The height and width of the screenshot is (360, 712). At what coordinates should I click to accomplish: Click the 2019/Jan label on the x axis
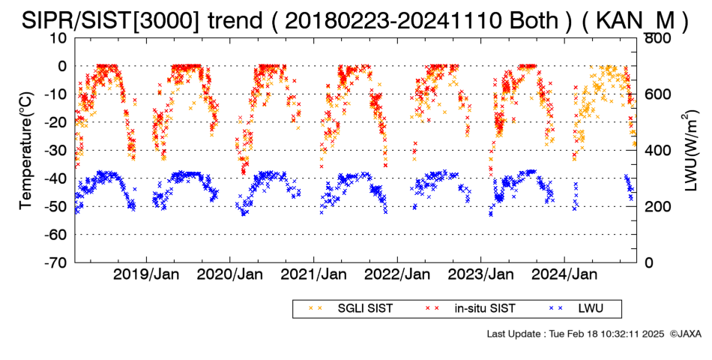point(146,274)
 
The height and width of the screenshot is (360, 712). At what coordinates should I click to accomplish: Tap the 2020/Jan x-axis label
point(230,274)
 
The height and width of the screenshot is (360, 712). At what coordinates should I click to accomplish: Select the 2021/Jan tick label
point(313,274)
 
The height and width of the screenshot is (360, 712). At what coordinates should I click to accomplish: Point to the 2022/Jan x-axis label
point(397,274)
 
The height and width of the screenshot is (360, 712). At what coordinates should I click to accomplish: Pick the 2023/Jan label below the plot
point(481,274)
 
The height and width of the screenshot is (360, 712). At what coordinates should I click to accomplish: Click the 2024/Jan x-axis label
point(564,274)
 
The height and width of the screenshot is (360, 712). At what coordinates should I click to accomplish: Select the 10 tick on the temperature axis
point(58,38)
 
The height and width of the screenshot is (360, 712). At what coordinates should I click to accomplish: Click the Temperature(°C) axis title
point(26,151)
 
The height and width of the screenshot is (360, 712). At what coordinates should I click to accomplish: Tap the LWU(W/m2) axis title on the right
point(691,150)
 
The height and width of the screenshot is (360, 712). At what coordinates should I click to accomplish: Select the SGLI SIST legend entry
point(350,309)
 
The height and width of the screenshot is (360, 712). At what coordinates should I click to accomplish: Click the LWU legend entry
point(576,309)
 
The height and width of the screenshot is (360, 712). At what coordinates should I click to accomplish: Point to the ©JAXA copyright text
point(685,334)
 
